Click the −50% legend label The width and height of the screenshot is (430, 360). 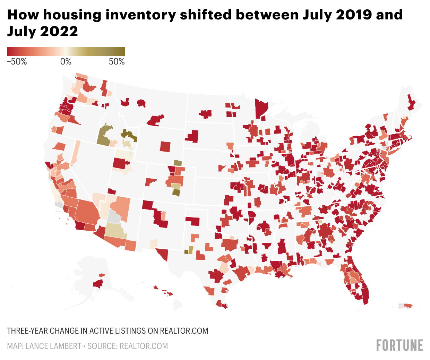[17, 62]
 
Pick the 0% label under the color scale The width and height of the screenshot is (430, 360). [66, 62]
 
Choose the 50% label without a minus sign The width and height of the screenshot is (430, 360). [117, 62]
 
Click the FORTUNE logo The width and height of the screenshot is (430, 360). [399, 345]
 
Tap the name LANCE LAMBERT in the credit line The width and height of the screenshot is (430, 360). [53, 346]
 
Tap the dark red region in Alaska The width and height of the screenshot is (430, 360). [98, 284]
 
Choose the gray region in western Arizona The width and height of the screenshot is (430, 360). [113, 217]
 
